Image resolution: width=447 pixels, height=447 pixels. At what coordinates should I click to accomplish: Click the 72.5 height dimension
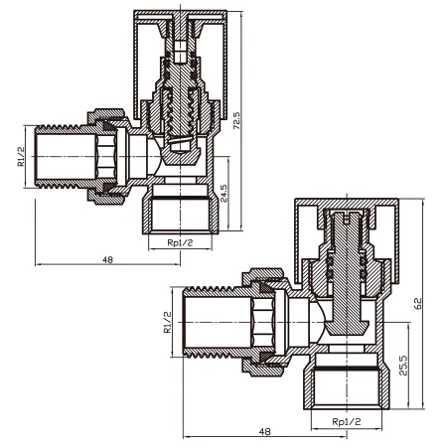coord(237,120)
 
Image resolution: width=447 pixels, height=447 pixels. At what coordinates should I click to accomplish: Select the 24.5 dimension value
coord(223,194)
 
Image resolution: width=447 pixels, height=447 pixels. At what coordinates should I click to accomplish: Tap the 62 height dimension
coord(418,304)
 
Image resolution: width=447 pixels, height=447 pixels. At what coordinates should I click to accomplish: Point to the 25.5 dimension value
coord(403,366)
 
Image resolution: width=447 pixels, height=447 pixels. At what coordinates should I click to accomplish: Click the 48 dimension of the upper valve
coord(107,260)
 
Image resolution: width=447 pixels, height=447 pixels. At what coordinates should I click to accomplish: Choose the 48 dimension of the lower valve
coord(265,432)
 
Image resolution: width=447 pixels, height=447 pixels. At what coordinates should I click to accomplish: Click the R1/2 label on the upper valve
coord(21,156)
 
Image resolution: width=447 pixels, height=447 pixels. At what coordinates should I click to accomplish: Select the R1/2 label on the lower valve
coord(168,322)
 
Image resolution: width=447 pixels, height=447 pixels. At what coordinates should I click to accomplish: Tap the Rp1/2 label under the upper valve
coord(180,242)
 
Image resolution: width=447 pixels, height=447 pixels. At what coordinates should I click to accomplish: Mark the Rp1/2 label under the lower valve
coord(347,421)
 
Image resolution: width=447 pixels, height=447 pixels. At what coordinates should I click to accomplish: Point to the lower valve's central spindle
coord(347,271)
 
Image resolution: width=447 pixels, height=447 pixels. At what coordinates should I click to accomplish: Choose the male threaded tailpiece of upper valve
coord(67,156)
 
